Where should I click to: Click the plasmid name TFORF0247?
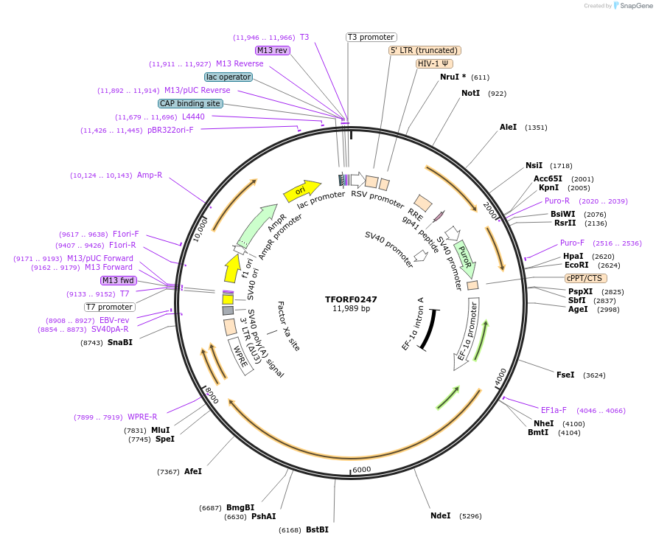click(351, 299)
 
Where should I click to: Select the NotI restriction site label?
click(470, 93)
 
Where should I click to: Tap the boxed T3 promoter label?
click(371, 37)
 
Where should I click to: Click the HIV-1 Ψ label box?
click(435, 63)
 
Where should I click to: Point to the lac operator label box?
click(228, 77)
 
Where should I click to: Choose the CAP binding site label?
click(190, 103)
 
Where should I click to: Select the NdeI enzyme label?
click(440, 515)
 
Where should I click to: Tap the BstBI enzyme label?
click(317, 529)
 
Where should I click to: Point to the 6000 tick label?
click(361, 470)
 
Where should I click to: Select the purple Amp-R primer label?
click(150, 175)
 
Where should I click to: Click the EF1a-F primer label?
click(554, 410)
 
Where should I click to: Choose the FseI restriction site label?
click(565, 375)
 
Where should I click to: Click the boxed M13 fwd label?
click(119, 280)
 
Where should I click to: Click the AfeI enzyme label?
click(192, 471)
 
